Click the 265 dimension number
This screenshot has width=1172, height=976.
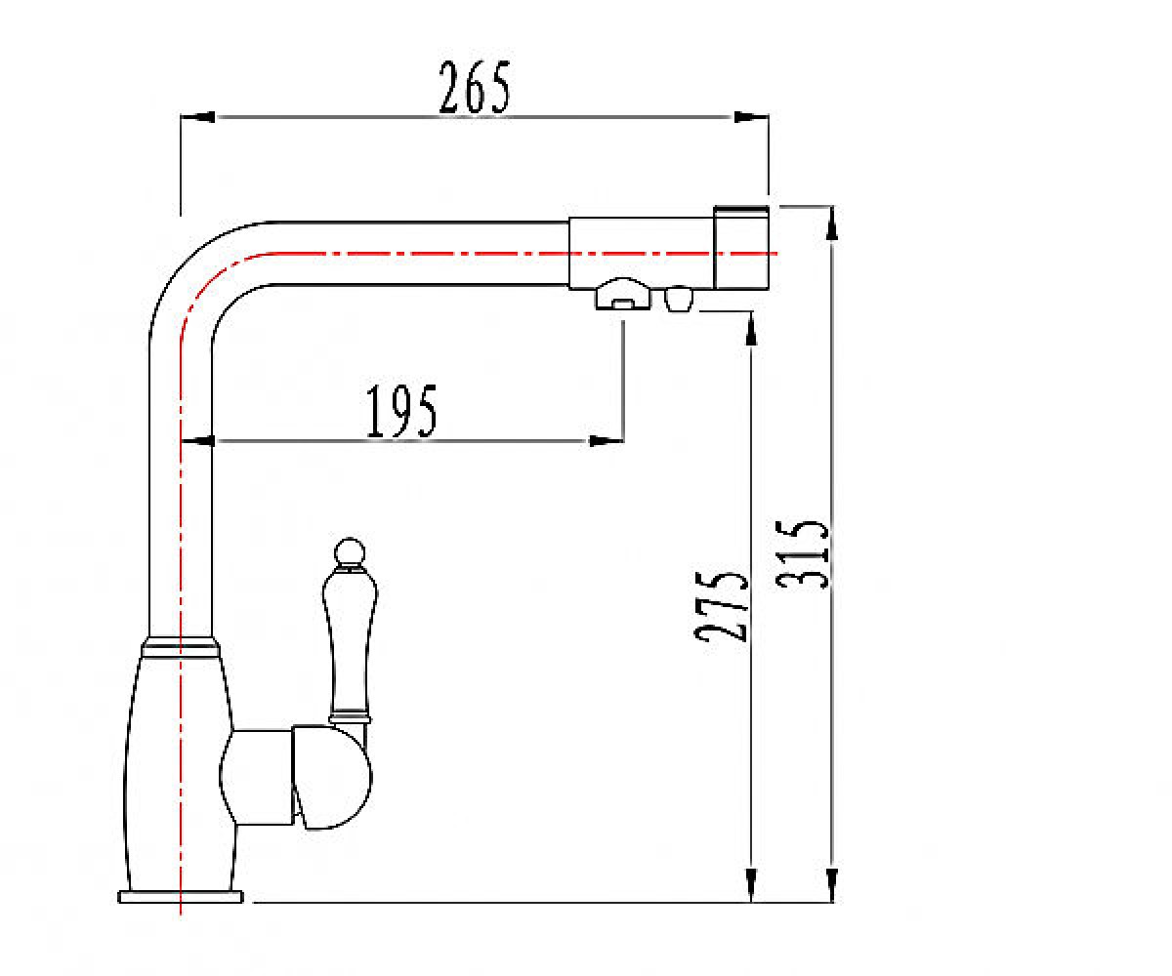[475, 88]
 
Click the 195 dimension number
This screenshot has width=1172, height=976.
[401, 411]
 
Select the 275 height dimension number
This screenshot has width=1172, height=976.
[722, 606]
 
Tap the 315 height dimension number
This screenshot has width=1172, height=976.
[802, 554]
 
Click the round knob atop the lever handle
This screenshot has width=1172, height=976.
[350, 551]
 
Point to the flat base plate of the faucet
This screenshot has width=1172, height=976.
[181, 896]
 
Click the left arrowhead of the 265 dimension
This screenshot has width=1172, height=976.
[197, 117]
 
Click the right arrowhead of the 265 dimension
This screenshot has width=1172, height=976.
[751, 117]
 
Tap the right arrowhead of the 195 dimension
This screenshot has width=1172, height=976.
[607, 441]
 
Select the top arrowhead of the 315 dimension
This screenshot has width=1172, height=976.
[832, 224]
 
